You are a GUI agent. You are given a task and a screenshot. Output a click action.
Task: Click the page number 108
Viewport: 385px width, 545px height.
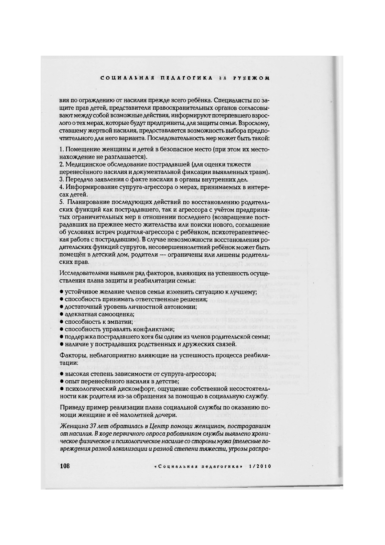pyautogui.click(x=65, y=466)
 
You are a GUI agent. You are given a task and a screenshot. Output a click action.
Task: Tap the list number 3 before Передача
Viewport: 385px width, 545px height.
pyautogui.click(x=61, y=180)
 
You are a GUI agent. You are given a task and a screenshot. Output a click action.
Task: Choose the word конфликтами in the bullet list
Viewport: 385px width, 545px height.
pyautogui.click(x=155, y=329)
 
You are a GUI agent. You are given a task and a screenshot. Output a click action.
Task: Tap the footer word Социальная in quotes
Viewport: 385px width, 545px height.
pyautogui.click(x=177, y=467)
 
